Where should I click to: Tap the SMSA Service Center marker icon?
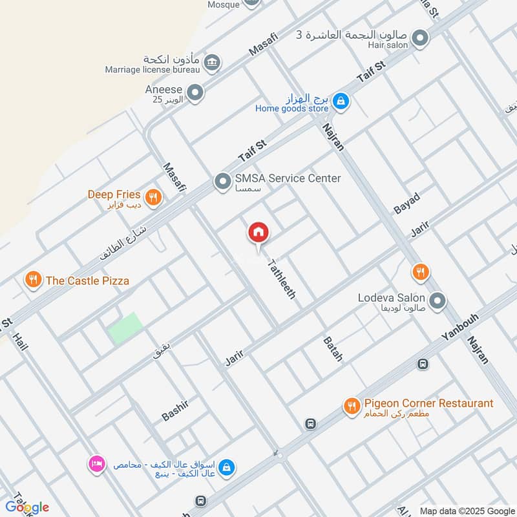223,182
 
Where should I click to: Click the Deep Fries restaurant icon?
153,198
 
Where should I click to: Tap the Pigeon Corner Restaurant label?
428,404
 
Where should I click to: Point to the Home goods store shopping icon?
342,101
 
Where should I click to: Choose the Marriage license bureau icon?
211,63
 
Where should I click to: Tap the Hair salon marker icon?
421,38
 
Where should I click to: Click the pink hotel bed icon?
97,464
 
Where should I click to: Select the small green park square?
125,328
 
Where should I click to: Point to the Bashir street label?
175,410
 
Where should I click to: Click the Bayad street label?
407,203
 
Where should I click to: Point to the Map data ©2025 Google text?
467,511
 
